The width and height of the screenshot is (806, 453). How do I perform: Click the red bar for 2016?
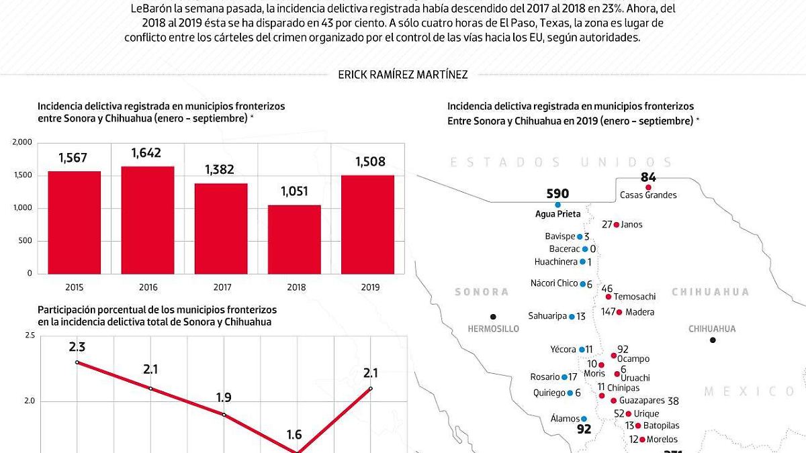click(148, 220)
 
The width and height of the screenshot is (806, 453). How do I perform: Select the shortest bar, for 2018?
click(295, 240)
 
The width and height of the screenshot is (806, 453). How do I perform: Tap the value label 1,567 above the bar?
click(74, 158)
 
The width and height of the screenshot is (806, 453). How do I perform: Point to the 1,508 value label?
click(367, 162)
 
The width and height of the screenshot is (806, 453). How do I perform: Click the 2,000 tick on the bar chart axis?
click(22, 142)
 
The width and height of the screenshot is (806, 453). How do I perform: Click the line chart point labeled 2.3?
click(77, 362)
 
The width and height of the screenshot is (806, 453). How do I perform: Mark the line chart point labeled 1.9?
click(224, 415)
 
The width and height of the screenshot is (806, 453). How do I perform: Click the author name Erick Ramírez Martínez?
click(403, 75)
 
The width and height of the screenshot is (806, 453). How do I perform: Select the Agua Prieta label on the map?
click(557, 214)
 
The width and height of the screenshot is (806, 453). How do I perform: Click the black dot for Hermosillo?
click(493, 317)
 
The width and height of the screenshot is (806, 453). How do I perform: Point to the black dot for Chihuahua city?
click(713, 340)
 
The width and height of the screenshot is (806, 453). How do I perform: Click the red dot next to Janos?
click(617, 225)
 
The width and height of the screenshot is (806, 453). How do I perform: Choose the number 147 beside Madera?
click(609, 312)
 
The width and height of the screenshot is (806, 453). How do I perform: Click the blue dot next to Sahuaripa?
click(572, 317)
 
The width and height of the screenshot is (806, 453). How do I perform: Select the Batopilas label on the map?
click(661, 426)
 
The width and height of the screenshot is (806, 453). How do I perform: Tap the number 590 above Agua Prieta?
click(557, 194)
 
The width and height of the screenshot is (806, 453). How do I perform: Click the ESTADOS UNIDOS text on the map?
click(561, 162)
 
